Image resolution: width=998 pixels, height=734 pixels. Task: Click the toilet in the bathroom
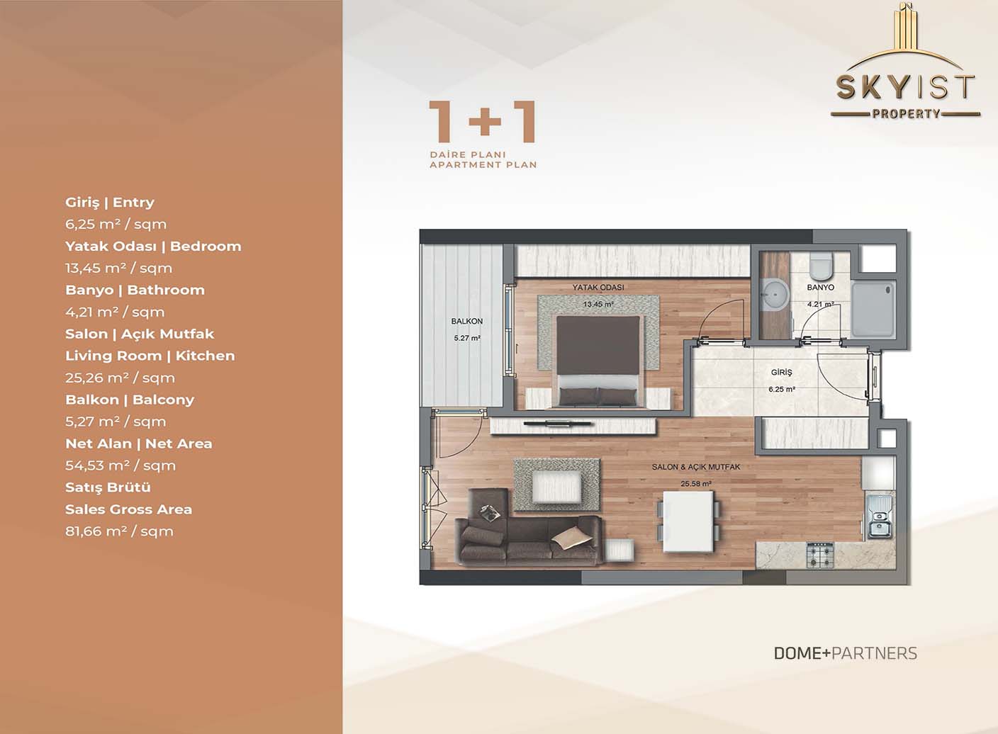coord(820,264)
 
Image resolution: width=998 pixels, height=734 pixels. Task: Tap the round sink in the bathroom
coord(775,295)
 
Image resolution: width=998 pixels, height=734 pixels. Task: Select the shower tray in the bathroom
coord(873,309)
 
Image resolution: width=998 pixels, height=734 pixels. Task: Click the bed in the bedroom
coord(598,361)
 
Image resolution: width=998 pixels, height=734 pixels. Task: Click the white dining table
coord(688,521)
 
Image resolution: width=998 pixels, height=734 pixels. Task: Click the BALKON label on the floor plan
coord(466,321)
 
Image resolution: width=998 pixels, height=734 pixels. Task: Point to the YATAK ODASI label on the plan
coord(598,287)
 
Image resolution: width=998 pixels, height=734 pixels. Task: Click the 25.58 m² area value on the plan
coord(695,484)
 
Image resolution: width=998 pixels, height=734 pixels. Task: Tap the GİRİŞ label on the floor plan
coord(782,372)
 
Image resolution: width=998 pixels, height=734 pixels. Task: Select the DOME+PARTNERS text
coord(846,653)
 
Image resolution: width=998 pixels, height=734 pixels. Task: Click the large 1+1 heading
coord(482,122)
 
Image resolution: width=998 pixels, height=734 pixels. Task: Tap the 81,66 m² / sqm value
coord(119,531)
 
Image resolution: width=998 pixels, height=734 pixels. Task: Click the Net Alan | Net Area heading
coord(138,444)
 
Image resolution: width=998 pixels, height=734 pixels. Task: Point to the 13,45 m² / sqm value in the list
coord(118,268)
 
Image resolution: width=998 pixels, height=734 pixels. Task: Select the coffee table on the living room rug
coord(556,487)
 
